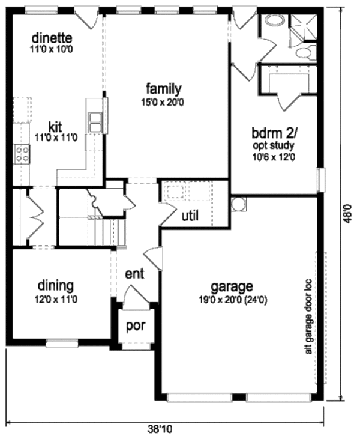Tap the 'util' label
[x=190, y=215]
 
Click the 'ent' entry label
[x=134, y=273]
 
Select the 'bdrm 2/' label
[x=273, y=133]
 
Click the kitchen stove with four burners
[x=22, y=154]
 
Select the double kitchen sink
[x=95, y=121]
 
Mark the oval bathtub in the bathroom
[x=275, y=21]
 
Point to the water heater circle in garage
[x=238, y=203]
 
